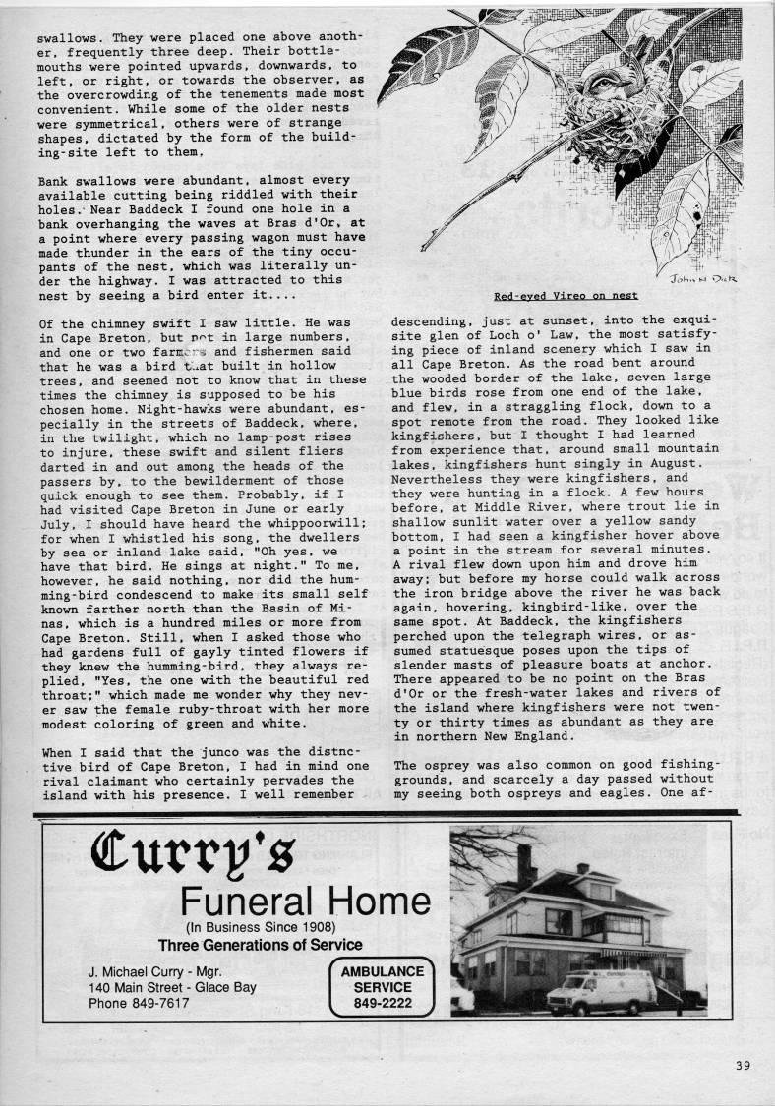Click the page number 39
743,1065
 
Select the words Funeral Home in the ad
305,902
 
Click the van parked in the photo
600,993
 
